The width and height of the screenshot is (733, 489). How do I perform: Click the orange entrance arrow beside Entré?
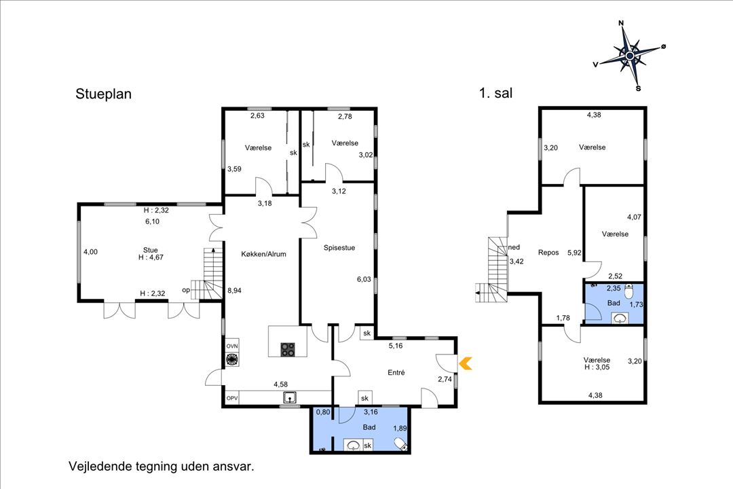pyautogui.click(x=466, y=363)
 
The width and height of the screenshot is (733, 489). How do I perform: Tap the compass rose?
pyautogui.click(x=630, y=56)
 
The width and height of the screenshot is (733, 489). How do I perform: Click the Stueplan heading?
pyautogui.click(x=103, y=94)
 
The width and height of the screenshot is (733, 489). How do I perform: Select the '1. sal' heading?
pyautogui.click(x=495, y=93)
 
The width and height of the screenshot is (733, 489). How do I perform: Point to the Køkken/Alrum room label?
pyautogui.click(x=263, y=254)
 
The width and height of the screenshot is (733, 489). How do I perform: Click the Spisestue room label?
pyautogui.click(x=339, y=248)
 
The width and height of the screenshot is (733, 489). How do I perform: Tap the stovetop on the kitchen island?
pyautogui.click(x=288, y=350)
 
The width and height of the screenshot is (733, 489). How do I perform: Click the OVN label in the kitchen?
pyautogui.click(x=232, y=346)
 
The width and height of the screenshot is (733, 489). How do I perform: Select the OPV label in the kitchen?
pyautogui.click(x=232, y=399)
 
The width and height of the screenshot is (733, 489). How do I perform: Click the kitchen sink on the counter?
pyautogui.click(x=290, y=398)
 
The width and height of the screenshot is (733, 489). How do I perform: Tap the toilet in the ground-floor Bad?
pyautogui.click(x=400, y=443)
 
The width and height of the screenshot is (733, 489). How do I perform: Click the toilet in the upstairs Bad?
pyautogui.click(x=628, y=291)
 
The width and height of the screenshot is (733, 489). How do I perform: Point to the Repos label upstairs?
pyautogui.click(x=548, y=253)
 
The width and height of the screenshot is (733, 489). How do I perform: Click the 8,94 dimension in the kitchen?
pyautogui.click(x=234, y=291)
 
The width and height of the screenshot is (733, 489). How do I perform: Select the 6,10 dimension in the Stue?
pyautogui.click(x=153, y=222)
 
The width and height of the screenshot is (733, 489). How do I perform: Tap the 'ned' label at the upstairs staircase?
pyautogui.click(x=514, y=247)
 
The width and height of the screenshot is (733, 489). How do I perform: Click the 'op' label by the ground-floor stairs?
pyautogui.click(x=186, y=291)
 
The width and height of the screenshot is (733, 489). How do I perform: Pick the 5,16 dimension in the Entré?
pyautogui.click(x=396, y=346)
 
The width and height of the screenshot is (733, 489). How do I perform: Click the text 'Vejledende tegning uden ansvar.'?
pyautogui.click(x=162, y=467)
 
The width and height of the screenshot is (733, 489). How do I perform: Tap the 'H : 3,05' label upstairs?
pyautogui.click(x=597, y=367)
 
